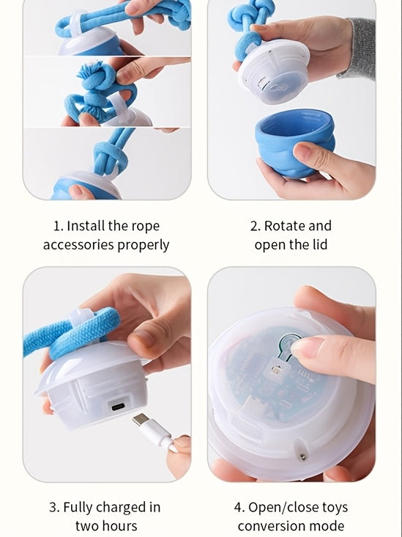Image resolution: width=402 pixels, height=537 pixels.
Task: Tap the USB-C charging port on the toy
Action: (x=117, y=405)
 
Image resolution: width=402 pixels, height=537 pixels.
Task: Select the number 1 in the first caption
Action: (x=58, y=226)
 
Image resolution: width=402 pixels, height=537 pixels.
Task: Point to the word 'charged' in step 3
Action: (x=118, y=507)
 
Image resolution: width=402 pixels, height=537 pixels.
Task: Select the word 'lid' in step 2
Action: (x=321, y=245)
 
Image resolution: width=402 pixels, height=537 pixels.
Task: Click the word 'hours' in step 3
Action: (x=118, y=526)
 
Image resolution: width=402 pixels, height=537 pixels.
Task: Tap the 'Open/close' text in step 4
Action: (x=282, y=507)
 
